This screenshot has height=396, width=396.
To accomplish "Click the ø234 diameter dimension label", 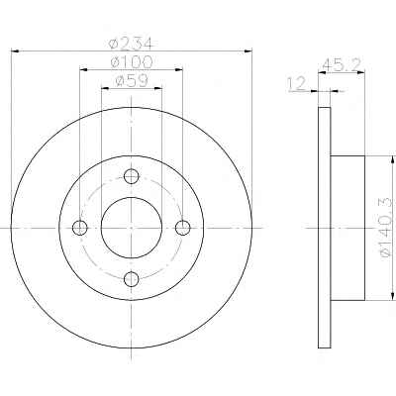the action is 132,44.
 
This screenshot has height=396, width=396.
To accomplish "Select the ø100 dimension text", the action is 132,62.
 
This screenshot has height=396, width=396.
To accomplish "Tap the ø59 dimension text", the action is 132,81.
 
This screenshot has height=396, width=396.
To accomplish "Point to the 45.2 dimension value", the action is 341,64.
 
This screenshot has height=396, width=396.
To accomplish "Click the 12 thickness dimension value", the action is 297,83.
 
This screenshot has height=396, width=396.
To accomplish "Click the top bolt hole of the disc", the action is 132,176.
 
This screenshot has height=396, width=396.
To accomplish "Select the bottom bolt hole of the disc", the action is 132,279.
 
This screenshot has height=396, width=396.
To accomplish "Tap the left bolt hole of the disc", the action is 80,228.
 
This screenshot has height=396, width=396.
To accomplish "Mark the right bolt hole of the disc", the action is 183,228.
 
